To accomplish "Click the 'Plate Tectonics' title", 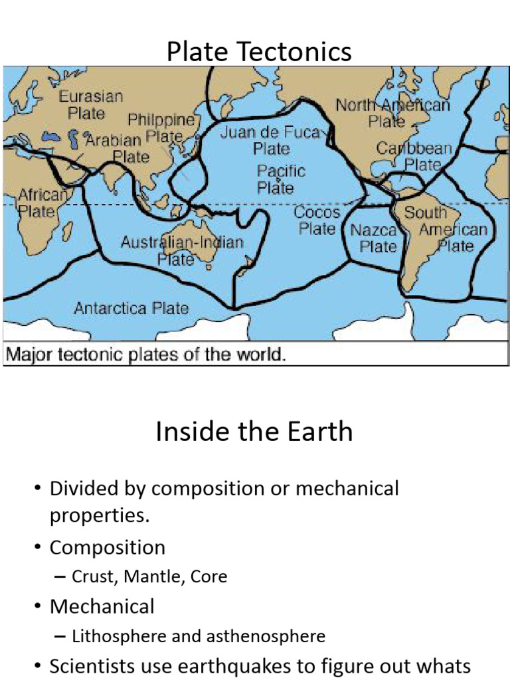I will (x=259, y=51).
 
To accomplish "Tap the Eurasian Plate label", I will (x=91, y=104).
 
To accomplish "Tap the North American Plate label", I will (x=392, y=113).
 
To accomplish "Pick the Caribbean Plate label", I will (x=415, y=156).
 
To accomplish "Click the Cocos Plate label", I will (x=317, y=220).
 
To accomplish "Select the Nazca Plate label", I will (x=374, y=238).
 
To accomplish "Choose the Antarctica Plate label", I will (x=131, y=308).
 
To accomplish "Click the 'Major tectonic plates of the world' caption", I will (x=146, y=354).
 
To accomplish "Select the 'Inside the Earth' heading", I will (x=254, y=432).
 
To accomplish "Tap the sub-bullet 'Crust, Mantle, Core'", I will (x=149, y=576).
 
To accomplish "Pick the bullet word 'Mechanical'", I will (x=102, y=606).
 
